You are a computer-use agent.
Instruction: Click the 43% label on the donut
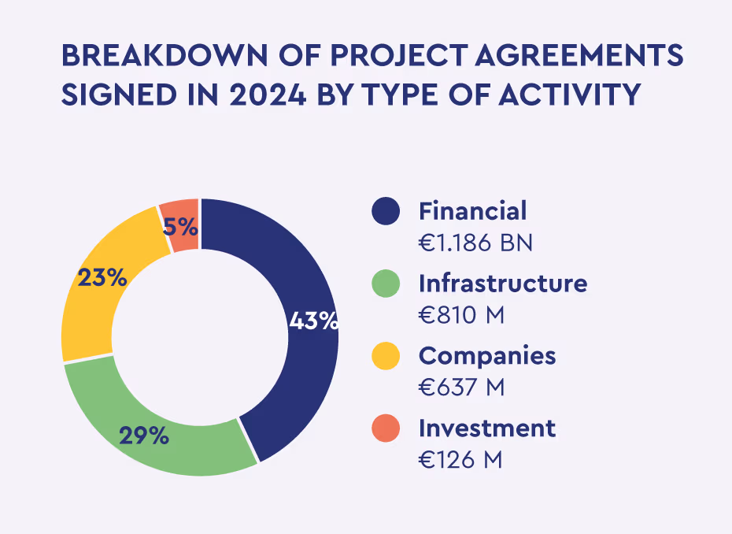tap(313, 321)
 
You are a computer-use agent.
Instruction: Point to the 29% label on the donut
tap(144, 436)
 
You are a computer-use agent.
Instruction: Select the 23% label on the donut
tap(102, 277)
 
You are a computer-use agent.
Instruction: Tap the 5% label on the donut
tap(180, 227)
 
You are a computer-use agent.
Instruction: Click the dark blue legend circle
tap(386, 211)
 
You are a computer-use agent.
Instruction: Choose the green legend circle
tap(386, 284)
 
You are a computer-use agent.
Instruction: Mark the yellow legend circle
tap(386, 356)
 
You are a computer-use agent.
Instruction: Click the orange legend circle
tap(386, 428)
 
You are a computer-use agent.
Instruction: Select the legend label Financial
tap(472, 211)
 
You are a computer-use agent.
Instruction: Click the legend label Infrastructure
tap(503, 284)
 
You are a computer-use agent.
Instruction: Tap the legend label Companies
tap(487, 356)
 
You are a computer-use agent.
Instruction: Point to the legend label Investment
tap(487, 428)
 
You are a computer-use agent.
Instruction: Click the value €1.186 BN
tap(475, 243)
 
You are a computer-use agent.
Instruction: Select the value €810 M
tap(461, 315)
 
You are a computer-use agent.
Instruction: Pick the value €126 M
tap(460, 460)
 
